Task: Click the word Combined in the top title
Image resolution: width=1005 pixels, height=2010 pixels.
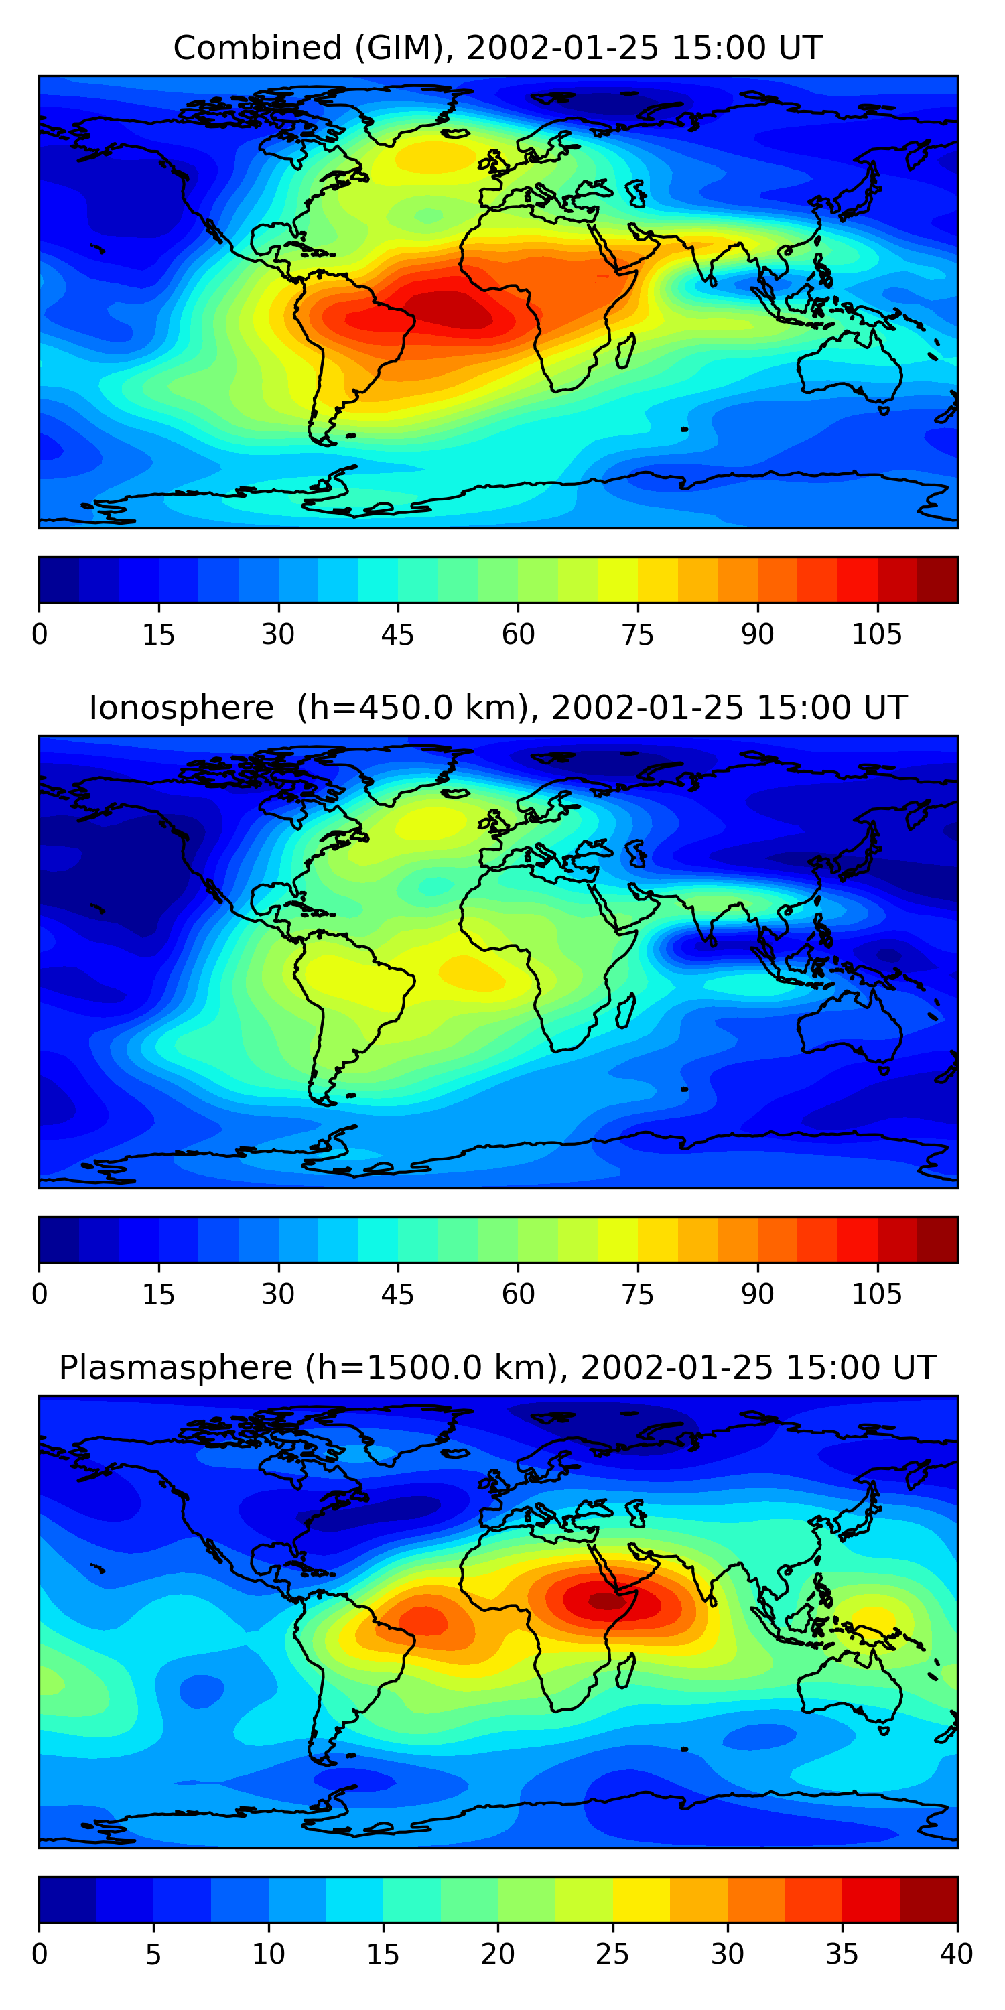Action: coord(257,48)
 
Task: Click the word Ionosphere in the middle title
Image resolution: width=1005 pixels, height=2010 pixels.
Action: coord(181,708)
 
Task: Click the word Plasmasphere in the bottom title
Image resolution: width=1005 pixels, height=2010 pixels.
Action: coord(175,1368)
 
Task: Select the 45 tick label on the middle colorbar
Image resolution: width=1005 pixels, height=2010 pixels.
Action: coord(397,1294)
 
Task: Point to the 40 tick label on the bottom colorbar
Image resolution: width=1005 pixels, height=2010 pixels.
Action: coord(956,1954)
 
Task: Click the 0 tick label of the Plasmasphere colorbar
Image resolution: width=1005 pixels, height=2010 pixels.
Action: coord(40,1954)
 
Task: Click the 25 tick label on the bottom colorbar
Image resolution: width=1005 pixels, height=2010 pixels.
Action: coord(612,1954)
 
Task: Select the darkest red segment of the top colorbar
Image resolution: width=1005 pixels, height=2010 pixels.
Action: coord(937,580)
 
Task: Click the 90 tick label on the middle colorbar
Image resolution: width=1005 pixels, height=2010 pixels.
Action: coord(757,1294)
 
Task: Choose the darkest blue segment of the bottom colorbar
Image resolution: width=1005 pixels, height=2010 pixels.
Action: coord(67,1899)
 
